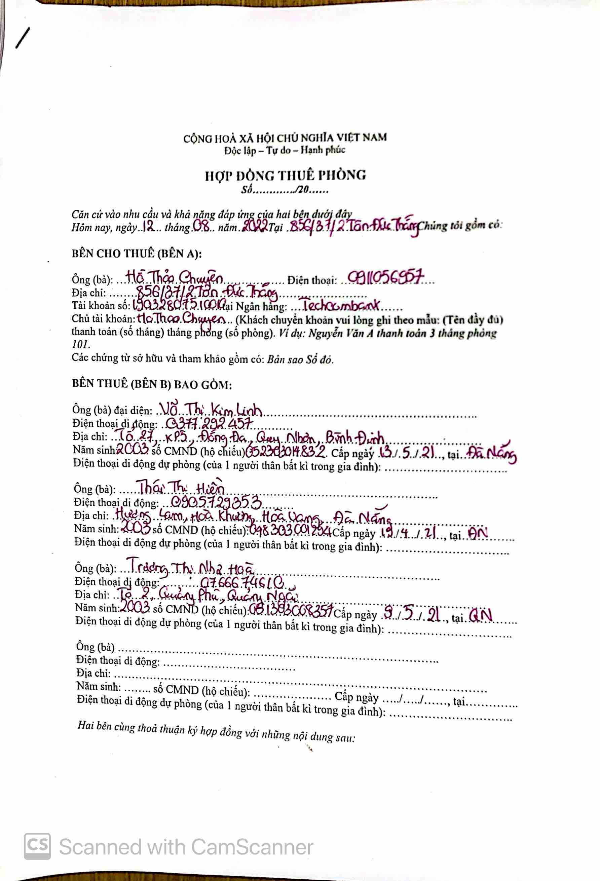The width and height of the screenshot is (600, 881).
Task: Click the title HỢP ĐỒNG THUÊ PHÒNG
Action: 285,175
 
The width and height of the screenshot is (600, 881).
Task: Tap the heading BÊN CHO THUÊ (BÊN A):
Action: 137,253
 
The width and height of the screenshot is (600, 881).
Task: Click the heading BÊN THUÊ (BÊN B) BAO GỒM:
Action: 152,384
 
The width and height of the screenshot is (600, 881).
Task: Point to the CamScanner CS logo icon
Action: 37,846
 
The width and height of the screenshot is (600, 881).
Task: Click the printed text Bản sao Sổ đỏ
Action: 300,359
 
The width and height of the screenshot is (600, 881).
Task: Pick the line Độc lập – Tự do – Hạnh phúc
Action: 285,150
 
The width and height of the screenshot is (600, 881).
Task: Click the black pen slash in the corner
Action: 23,39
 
